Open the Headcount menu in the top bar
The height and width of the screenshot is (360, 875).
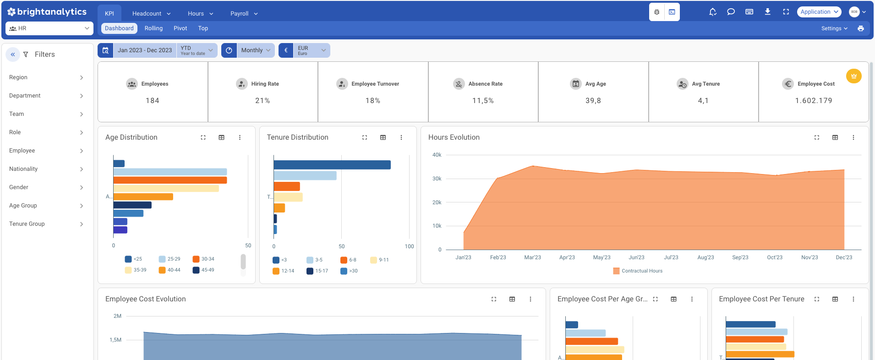click(151, 14)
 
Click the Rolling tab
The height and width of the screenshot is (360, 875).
click(153, 28)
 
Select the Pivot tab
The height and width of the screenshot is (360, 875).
click(180, 28)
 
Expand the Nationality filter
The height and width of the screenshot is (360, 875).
click(46, 169)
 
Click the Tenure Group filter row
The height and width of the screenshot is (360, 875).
click(46, 224)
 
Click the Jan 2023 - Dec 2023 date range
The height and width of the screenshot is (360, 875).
click(144, 50)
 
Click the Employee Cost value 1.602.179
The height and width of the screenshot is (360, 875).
click(813, 101)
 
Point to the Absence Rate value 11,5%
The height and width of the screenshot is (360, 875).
click(483, 101)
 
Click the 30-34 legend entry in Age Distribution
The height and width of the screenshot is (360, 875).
click(203, 259)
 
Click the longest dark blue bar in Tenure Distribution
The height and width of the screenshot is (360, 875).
click(332, 165)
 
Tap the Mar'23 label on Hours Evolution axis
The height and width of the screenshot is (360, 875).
click(532, 257)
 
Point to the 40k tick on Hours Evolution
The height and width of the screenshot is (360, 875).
click(437, 155)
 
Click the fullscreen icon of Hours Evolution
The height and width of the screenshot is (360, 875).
click(816, 137)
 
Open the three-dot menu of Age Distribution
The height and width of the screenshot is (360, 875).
click(240, 137)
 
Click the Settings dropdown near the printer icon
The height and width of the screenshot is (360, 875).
click(834, 28)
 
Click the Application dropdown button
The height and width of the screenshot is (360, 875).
click(819, 12)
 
